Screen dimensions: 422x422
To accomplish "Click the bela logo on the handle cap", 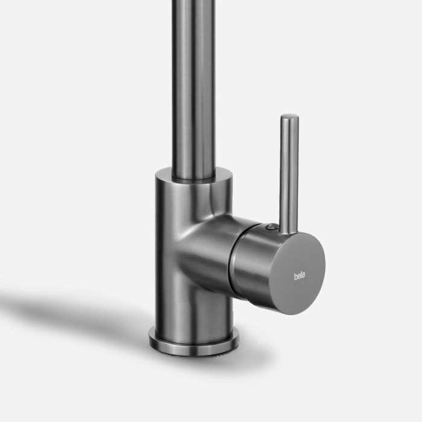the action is (300, 276).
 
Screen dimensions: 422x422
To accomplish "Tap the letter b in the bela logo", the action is (295, 276).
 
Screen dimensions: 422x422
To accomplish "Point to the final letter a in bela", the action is (304, 277).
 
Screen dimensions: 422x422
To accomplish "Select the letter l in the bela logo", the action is (301, 276).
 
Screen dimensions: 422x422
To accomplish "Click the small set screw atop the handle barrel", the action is (269, 227).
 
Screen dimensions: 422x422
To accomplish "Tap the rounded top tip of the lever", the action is (289, 117).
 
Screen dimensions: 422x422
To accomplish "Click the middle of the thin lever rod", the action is (289, 174).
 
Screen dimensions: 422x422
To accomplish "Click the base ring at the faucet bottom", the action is (194, 344).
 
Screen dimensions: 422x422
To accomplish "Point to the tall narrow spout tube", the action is (194, 89).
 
